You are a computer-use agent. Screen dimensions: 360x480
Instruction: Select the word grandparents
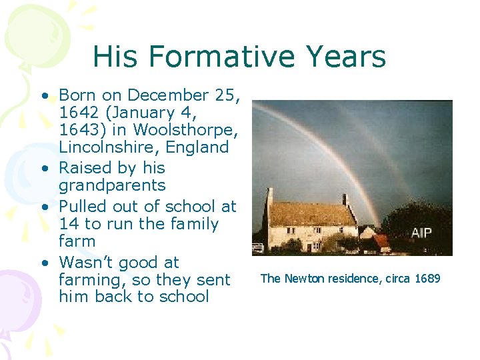point(112,185)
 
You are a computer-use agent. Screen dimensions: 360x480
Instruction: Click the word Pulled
point(84,207)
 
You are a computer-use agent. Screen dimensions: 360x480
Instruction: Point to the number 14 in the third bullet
point(69,224)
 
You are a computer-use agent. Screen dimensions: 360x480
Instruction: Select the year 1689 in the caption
point(427,279)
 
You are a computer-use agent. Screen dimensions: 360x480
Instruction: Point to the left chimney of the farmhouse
point(269,197)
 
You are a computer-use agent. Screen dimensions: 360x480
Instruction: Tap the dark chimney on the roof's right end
point(345,199)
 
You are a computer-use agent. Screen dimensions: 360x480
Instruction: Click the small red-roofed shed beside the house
point(381,240)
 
